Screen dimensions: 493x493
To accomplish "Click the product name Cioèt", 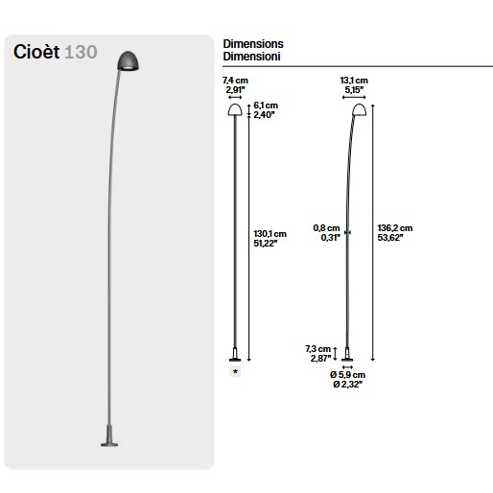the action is tap(36, 52).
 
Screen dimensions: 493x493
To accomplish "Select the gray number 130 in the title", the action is tap(81, 53).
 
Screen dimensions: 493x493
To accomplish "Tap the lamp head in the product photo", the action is tap(128, 60).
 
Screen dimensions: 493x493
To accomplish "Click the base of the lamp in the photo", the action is tap(109, 435).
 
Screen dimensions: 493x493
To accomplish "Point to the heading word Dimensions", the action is tap(253, 44).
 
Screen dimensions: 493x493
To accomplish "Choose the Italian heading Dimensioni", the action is tap(251, 57).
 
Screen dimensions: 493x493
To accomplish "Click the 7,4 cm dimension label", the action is tap(235, 81).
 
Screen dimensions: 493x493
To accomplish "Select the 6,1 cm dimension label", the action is tap(266, 106).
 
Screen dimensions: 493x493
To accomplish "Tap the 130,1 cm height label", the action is tap(270, 234).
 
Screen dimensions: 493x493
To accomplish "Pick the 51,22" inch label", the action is tap(266, 244).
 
